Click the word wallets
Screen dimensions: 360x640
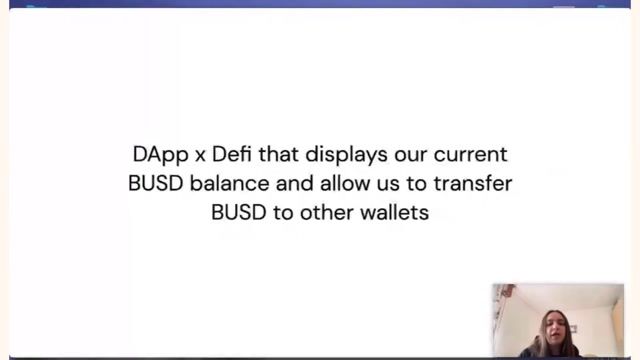[395, 212]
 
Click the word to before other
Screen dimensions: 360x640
[286, 212]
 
